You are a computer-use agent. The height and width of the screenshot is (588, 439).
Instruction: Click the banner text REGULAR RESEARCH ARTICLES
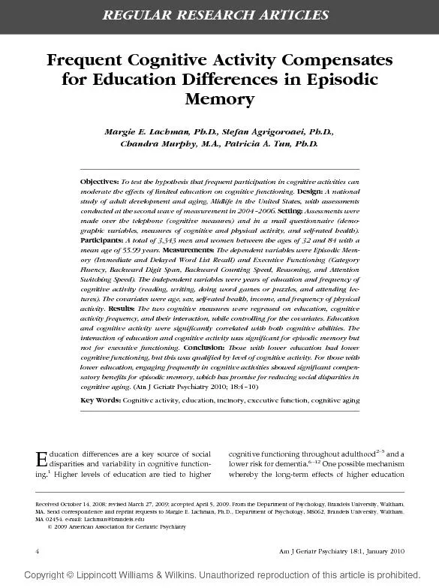pyautogui.click(x=220, y=15)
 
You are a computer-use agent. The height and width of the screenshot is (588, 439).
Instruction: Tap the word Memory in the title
pyautogui.click(x=220, y=99)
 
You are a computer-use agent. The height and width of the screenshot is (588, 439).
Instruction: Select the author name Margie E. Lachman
pyautogui.click(x=150, y=131)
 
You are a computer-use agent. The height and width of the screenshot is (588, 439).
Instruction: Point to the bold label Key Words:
pyautogui.click(x=101, y=400)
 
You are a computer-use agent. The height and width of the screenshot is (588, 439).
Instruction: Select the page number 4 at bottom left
pyautogui.click(x=38, y=551)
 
